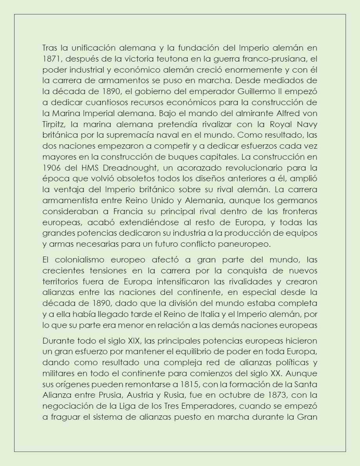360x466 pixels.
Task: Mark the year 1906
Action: pyautogui.click(x=51, y=167)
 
